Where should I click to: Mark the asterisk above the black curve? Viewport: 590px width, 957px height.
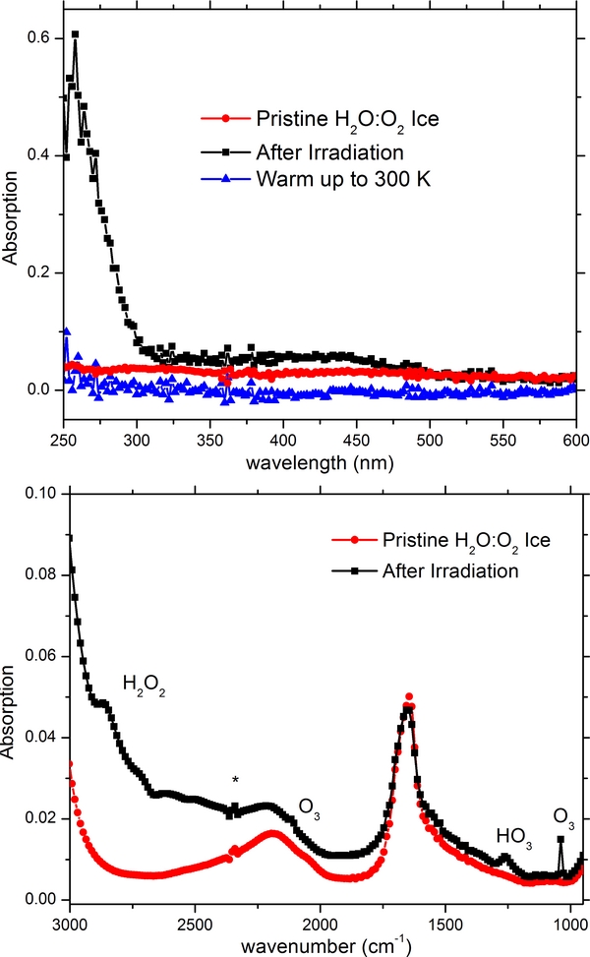pos(235,780)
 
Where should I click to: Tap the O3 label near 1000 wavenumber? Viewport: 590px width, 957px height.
pos(563,815)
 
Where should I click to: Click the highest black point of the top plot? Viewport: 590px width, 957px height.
pos(75,33)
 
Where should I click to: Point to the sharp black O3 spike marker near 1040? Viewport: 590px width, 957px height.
pos(560,840)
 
